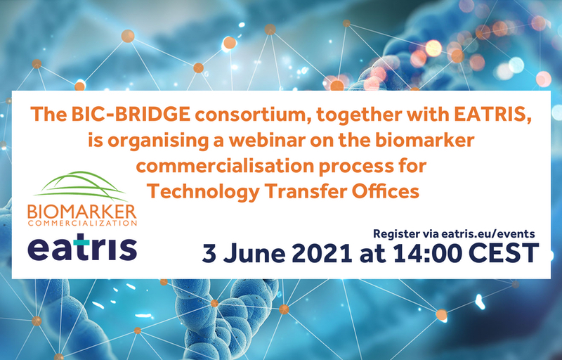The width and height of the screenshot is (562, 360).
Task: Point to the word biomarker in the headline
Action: click(425, 140)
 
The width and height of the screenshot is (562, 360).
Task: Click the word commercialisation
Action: click(225, 166)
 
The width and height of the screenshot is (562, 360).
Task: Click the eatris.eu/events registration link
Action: click(488, 233)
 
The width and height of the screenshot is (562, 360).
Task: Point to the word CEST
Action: click(504, 254)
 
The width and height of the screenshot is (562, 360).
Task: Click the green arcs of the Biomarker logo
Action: click(81, 186)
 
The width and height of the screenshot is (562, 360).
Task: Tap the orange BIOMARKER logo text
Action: click(82, 212)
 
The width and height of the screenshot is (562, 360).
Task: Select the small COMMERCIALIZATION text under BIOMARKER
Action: click(82, 224)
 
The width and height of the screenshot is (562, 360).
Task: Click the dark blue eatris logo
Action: click(82, 247)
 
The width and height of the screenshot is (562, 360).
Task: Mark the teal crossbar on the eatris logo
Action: click(81, 243)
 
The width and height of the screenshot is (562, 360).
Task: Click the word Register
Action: click(396, 234)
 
